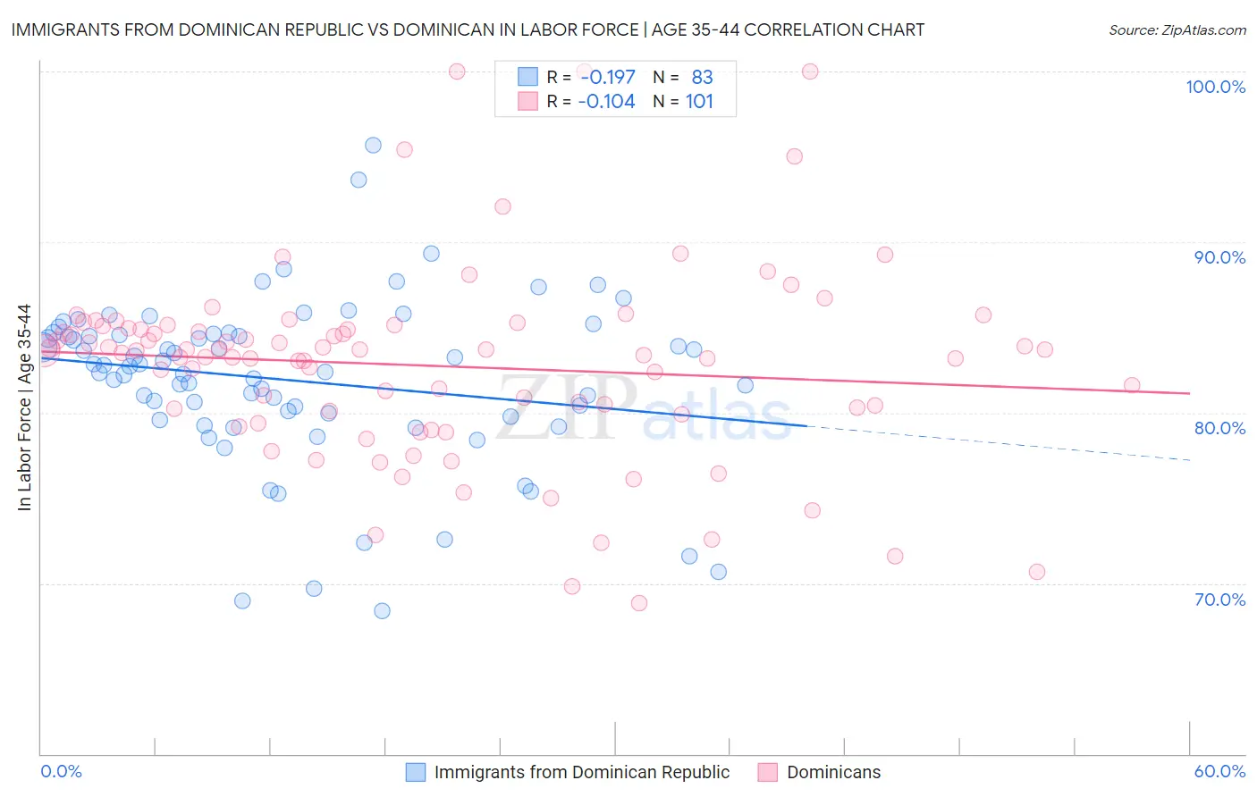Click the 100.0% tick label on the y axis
pyautogui.click(x=1215, y=87)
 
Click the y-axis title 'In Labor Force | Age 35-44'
pyautogui.click(x=25, y=407)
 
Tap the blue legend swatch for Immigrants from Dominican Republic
pyautogui.click(x=416, y=772)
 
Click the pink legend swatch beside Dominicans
pyautogui.click(x=767, y=772)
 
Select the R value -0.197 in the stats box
pyautogui.click(x=607, y=78)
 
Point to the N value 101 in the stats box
pyautogui.click(x=699, y=102)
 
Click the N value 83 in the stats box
pyautogui.click(x=702, y=78)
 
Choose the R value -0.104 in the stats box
pyautogui.click(x=607, y=102)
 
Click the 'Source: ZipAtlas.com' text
pyautogui.click(x=1177, y=30)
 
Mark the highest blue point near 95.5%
pyautogui.click(x=373, y=145)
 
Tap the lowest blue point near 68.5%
pyautogui.click(x=382, y=611)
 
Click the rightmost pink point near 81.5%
pyautogui.click(x=1132, y=385)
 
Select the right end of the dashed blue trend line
pyautogui.click(x=1190, y=459)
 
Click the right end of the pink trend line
pyautogui.click(x=1190, y=393)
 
